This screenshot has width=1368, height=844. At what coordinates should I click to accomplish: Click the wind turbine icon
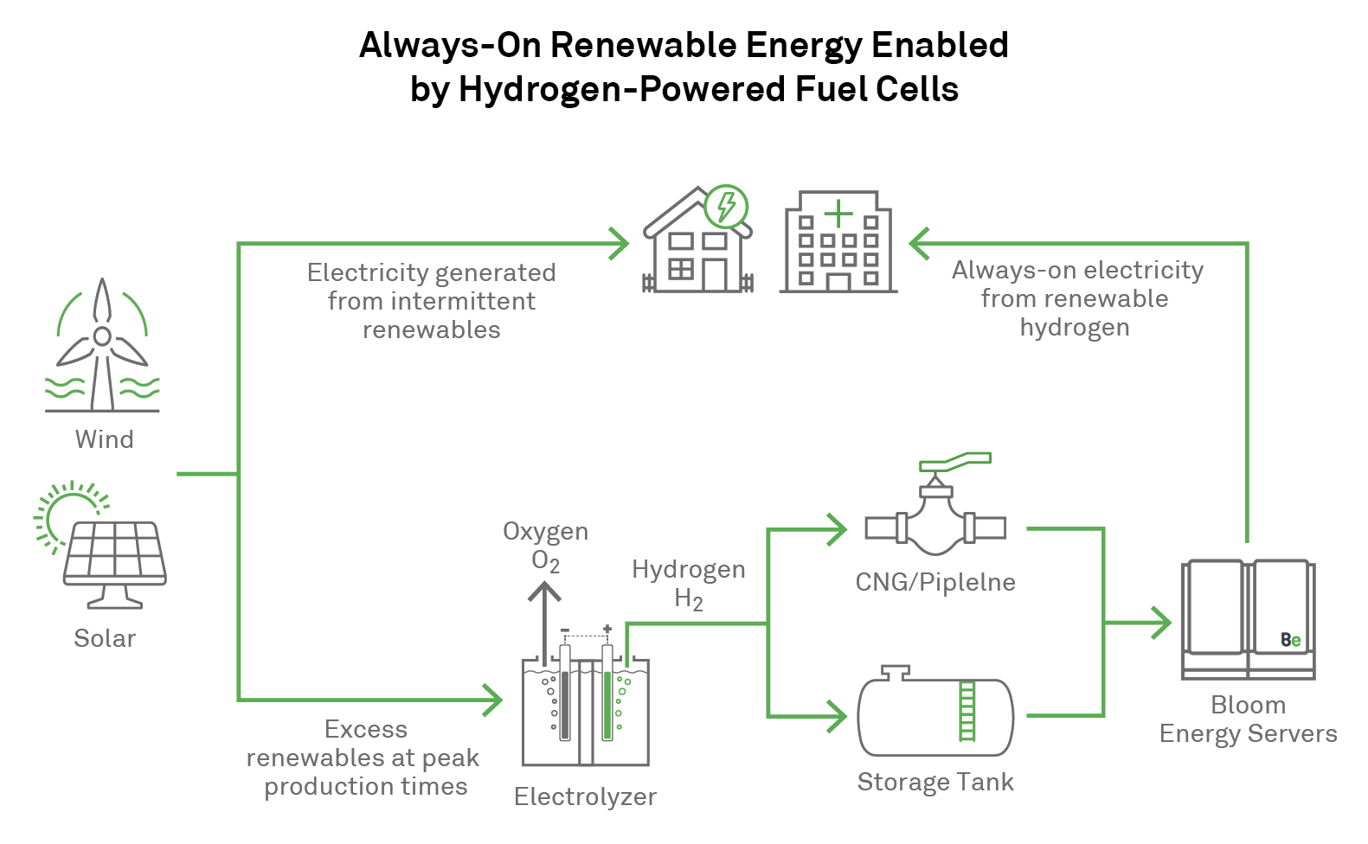click(x=102, y=346)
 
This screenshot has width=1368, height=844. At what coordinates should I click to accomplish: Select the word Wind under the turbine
click(x=104, y=439)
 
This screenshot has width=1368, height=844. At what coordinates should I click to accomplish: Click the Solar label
click(x=105, y=638)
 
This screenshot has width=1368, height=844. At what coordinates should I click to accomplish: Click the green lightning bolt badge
click(x=726, y=207)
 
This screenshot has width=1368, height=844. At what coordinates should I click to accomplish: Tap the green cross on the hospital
click(x=838, y=213)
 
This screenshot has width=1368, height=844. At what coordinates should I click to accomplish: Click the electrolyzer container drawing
click(x=586, y=709)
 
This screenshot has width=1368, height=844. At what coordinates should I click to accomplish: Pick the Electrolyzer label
click(x=585, y=796)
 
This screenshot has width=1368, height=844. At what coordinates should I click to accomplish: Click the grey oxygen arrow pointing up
click(x=544, y=618)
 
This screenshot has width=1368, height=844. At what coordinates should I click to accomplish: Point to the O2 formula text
click(x=545, y=562)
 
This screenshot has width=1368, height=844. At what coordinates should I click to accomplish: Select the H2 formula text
click(x=688, y=599)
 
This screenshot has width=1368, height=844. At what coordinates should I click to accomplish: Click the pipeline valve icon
click(x=935, y=523)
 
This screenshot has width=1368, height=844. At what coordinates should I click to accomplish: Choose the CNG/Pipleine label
click(x=935, y=582)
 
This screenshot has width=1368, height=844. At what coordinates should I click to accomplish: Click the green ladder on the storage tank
click(x=967, y=711)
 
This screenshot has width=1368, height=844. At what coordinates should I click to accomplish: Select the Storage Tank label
click(x=935, y=782)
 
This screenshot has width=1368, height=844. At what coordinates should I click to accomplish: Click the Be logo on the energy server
click(x=1290, y=640)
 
